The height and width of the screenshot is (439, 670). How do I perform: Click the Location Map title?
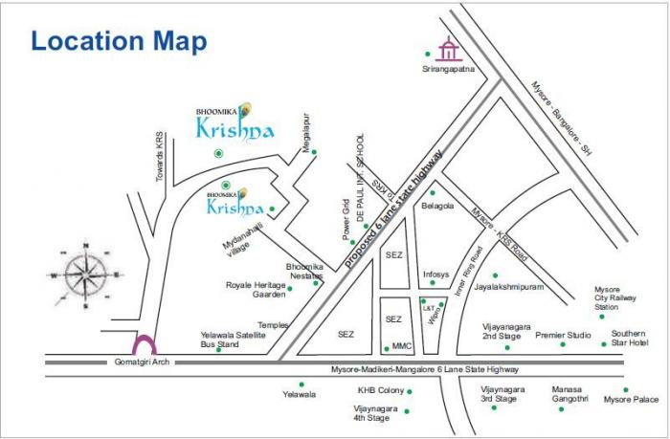pyautogui.click(x=119, y=41)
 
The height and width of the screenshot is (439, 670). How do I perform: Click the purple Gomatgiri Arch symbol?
pyautogui.click(x=144, y=344)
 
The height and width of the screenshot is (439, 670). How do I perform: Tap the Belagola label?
pyautogui.click(x=438, y=206)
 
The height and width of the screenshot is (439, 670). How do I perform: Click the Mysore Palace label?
pyautogui.click(x=631, y=400)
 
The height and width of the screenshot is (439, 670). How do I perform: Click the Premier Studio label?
pyautogui.click(x=563, y=335)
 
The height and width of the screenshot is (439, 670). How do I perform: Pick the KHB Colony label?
pyautogui.click(x=380, y=390)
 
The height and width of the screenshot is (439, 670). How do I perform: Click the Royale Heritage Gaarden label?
pyautogui.click(x=256, y=289)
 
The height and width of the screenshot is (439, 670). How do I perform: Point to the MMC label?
pyautogui.click(x=402, y=346)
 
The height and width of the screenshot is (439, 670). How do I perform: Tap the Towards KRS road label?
pyautogui.click(x=161, y=158)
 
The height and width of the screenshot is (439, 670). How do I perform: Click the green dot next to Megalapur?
pyautogui.click(x=314, y=152)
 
